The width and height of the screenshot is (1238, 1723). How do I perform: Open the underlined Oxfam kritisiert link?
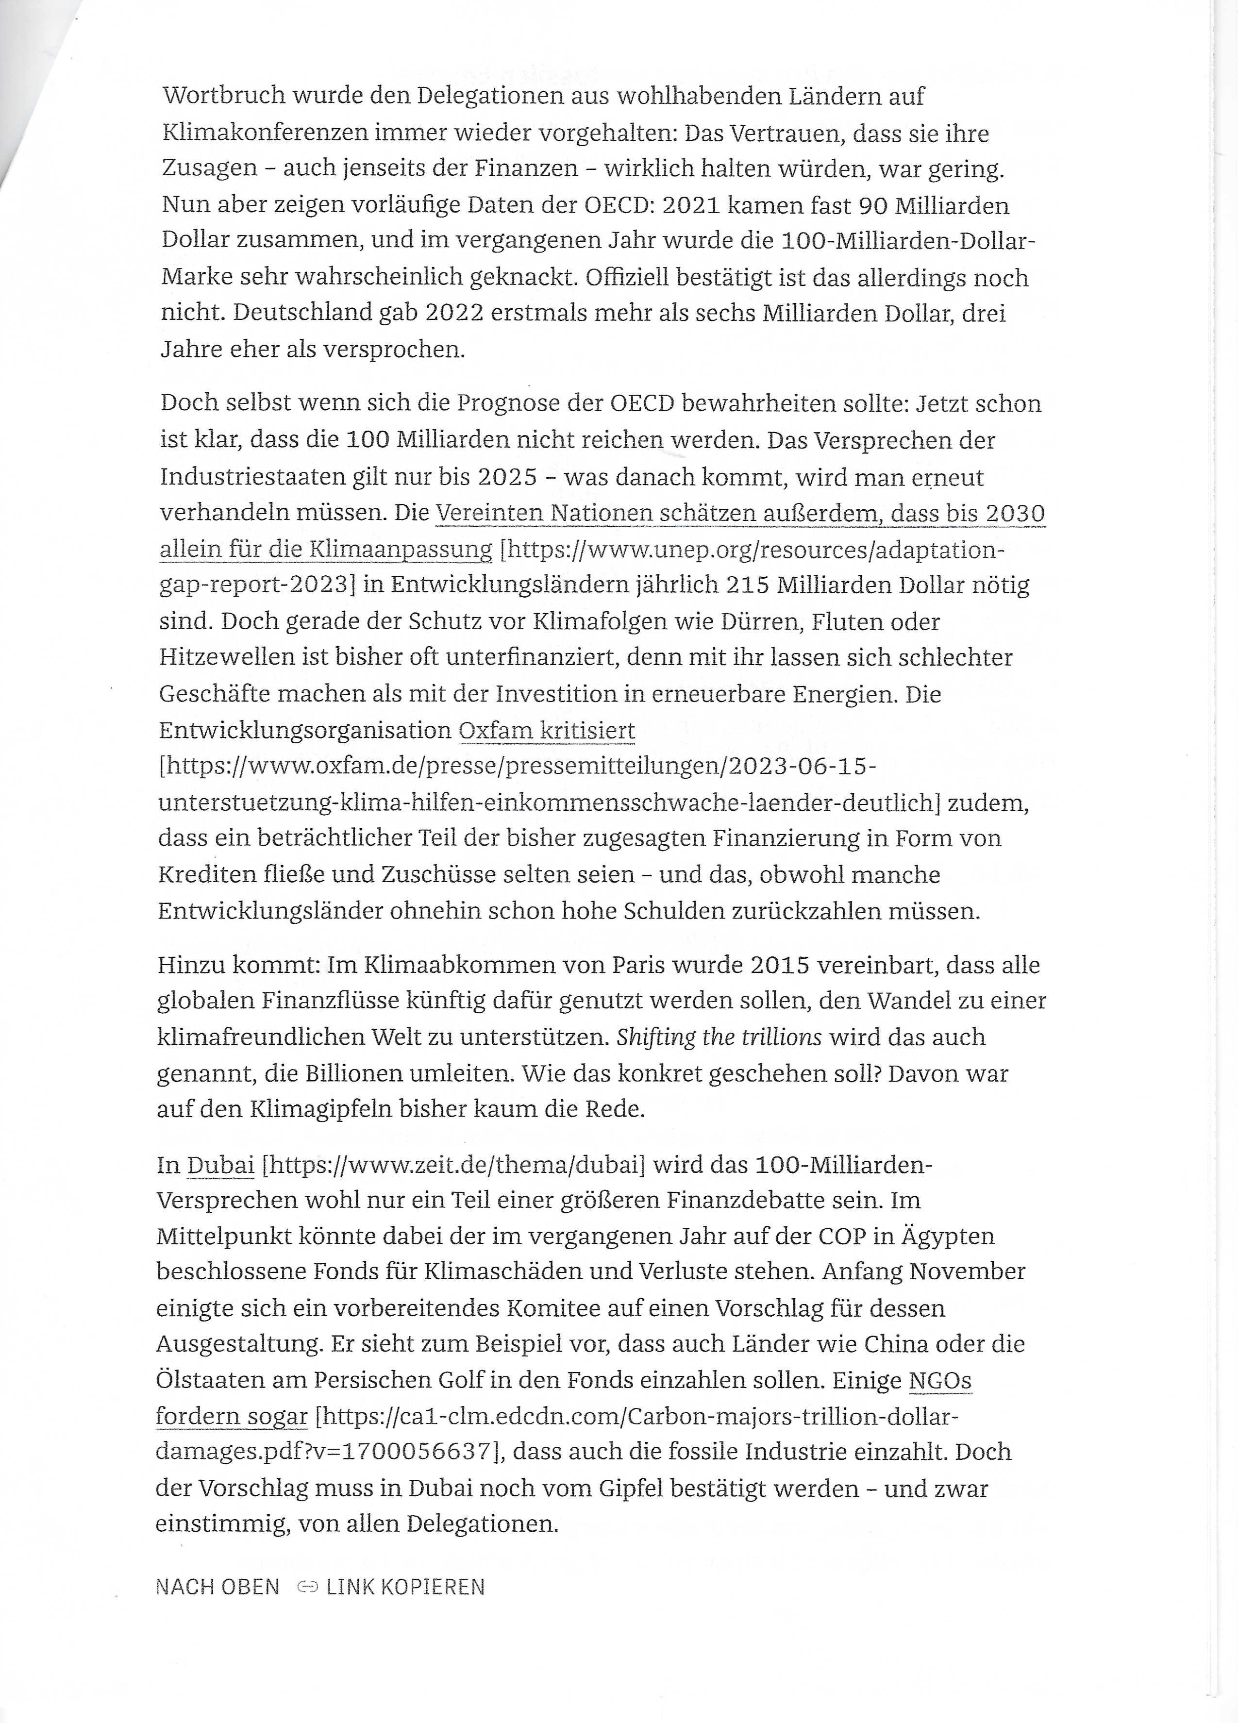click(x=547, y=730)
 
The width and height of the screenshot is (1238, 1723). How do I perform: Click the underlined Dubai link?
click(x=220, y=1165)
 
